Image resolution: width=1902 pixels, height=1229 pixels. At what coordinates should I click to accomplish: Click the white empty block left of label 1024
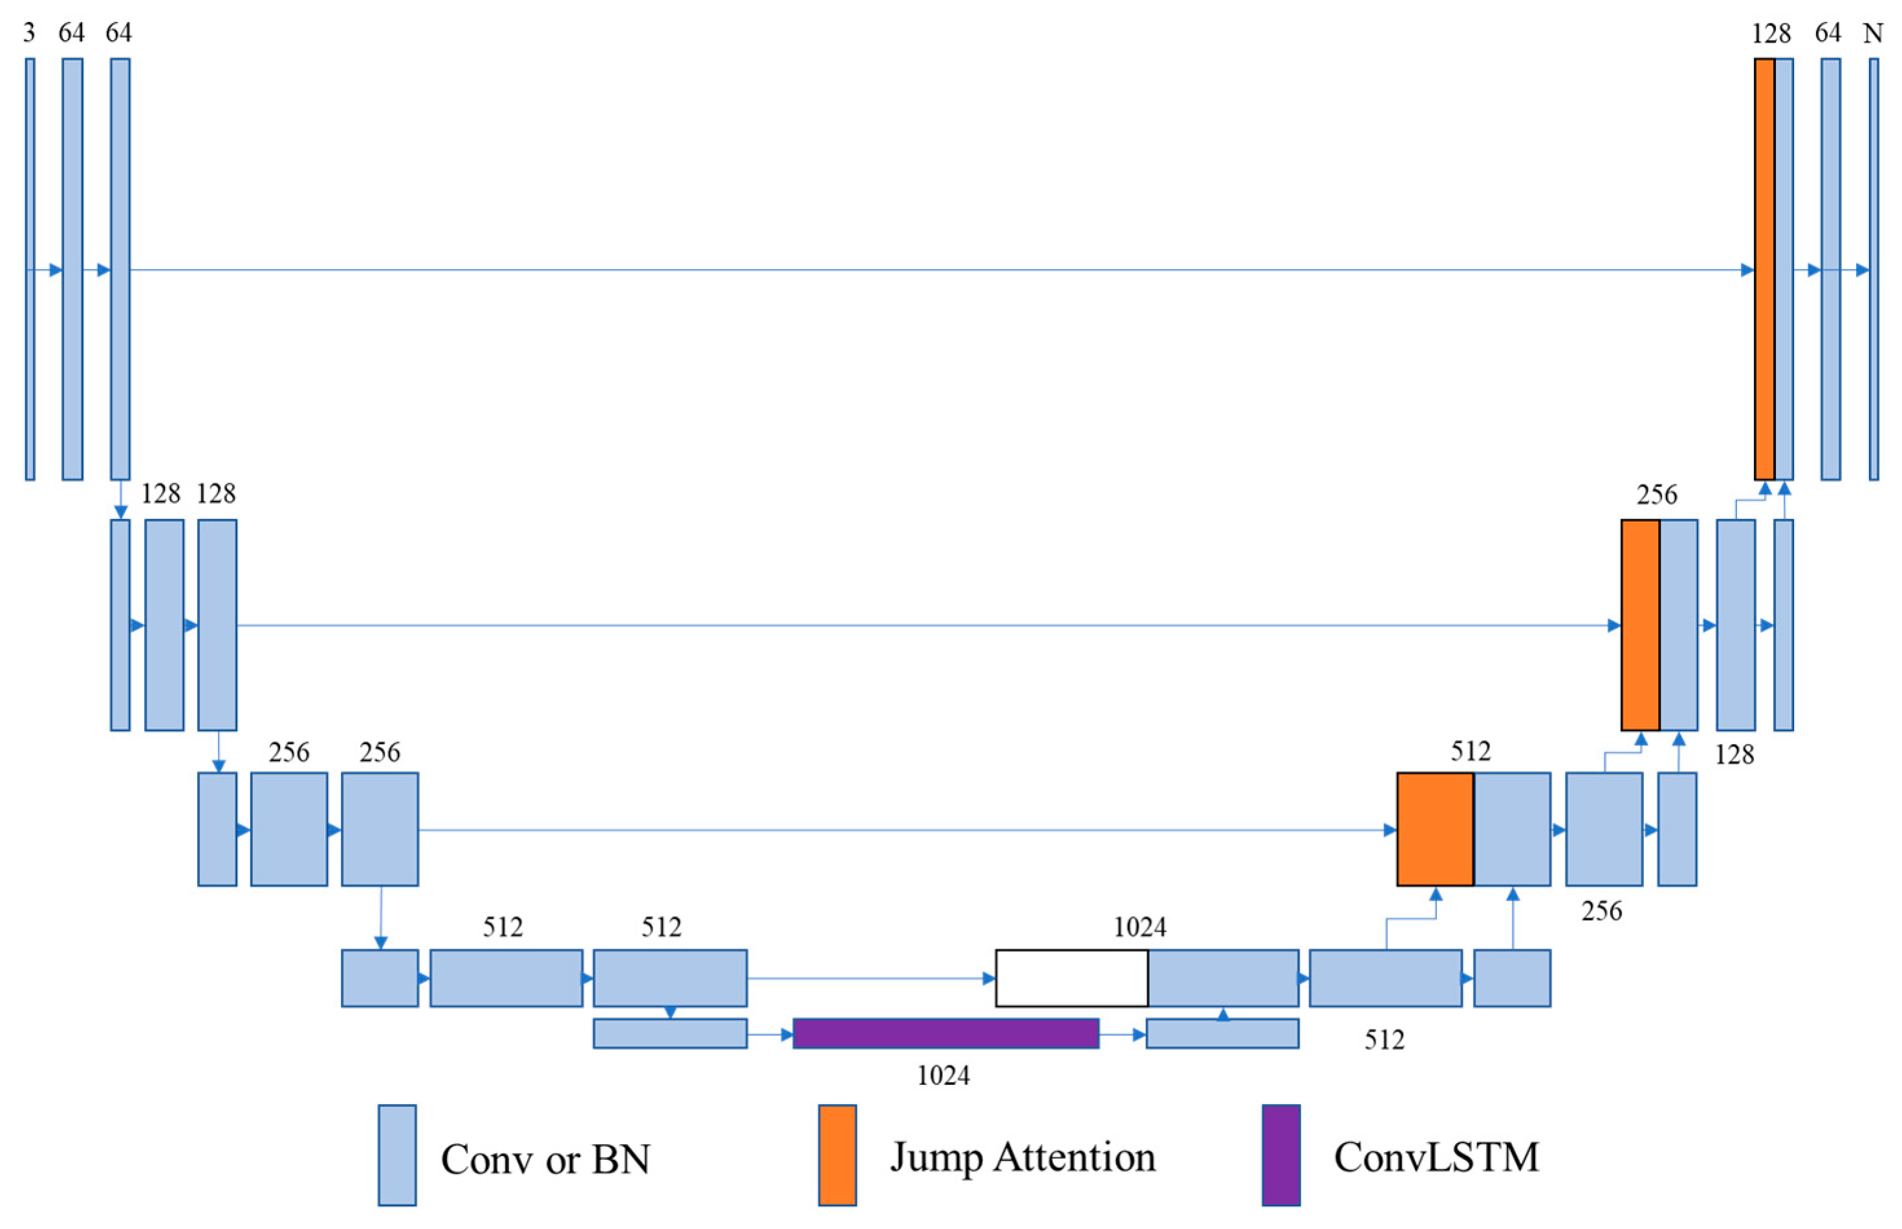coord(1071,978)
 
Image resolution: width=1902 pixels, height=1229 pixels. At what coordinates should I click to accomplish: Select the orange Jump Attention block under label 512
coord(1434,829)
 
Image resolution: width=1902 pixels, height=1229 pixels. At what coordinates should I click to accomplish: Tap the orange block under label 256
coord(1639,625)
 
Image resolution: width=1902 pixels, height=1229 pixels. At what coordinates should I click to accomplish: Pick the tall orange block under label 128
coord(1763,269)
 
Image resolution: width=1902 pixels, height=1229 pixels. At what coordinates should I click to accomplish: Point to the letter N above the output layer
coord(1872,34)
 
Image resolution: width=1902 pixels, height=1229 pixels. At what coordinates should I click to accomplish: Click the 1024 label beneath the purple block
coord(943,1076)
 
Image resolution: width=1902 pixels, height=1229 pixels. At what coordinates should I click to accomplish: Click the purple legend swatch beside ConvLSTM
coord(1281,1155)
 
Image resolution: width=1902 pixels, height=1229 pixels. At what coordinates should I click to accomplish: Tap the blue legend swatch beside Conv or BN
coord(396,1155)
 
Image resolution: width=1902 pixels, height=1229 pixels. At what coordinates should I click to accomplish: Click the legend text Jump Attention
coord(1022,1157)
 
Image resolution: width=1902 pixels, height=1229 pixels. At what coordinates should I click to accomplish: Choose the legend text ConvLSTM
coord(1436,1157)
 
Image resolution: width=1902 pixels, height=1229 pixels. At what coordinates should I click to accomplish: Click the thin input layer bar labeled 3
coord(30,269)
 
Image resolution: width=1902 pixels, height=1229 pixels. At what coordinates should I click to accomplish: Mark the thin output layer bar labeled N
coord(1874,269)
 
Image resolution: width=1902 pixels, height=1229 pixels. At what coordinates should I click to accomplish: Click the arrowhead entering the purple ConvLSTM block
coord(786,1035)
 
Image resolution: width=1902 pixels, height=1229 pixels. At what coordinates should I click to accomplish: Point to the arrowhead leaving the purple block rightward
coord(1139,1035)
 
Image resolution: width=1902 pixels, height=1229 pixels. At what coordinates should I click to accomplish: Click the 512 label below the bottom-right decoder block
coord(1384,1039)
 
